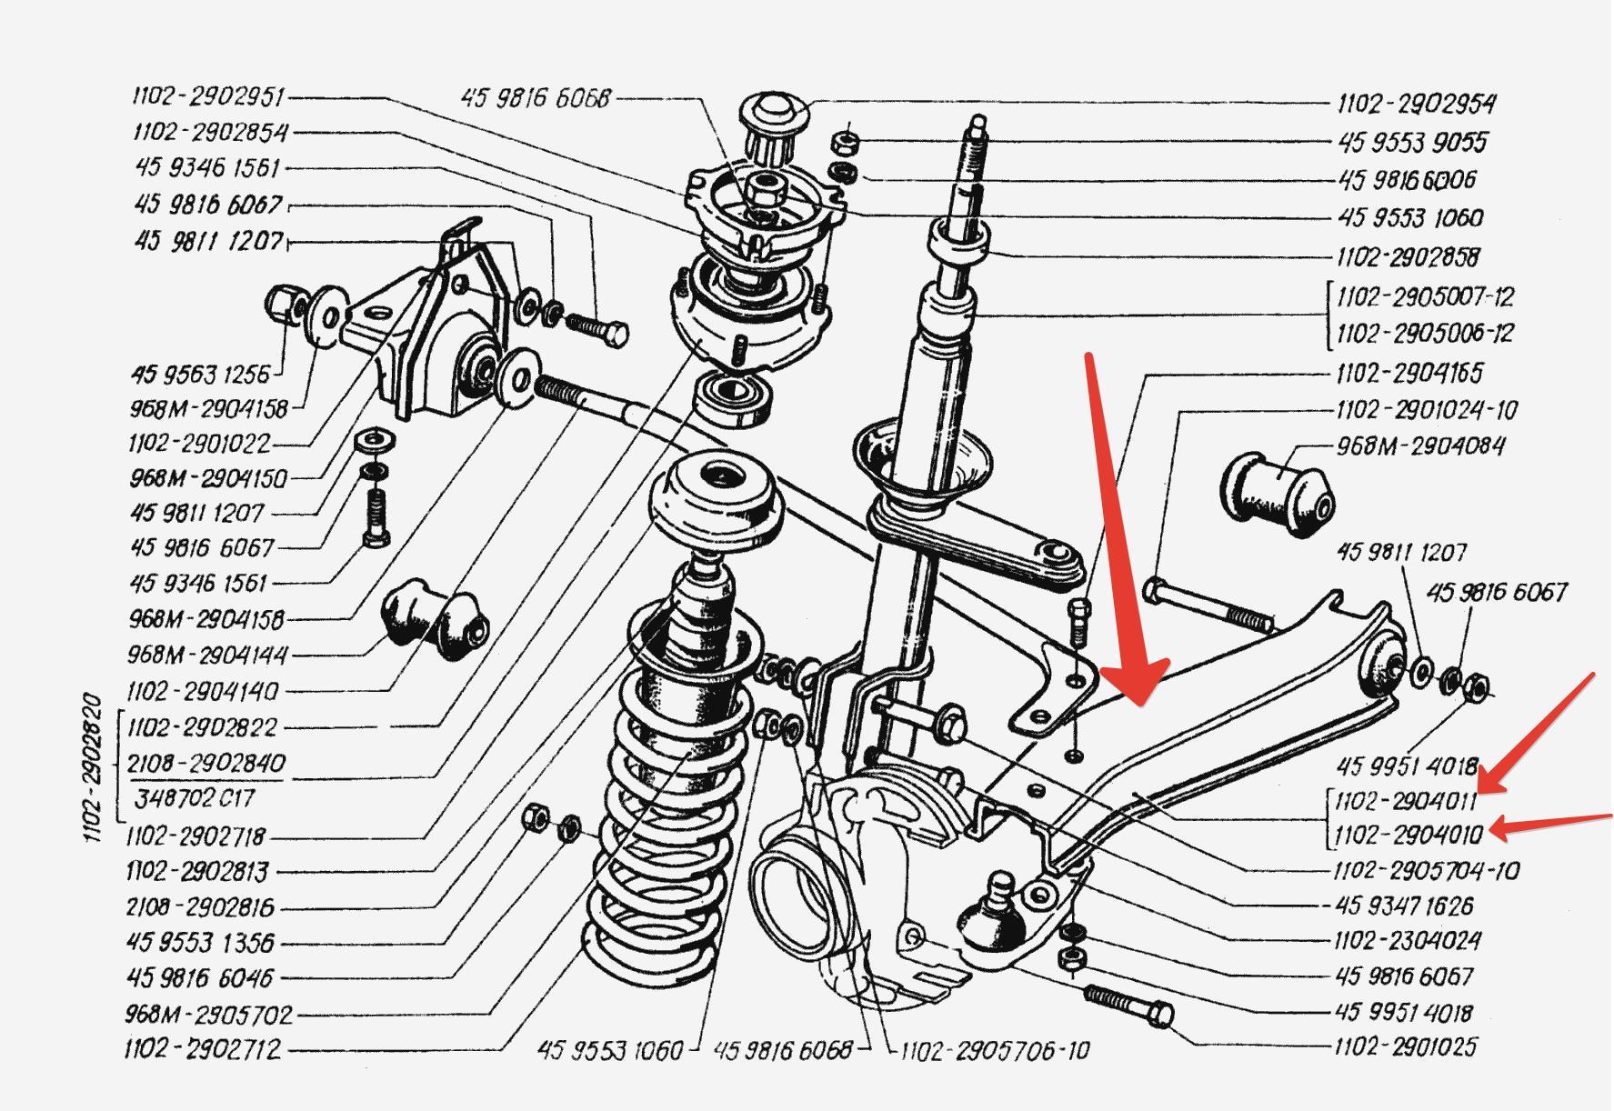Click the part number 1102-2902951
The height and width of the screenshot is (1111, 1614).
209,97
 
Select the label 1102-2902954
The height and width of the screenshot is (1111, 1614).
1416,104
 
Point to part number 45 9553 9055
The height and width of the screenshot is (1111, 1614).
1412,142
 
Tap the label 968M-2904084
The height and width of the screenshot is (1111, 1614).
1420,445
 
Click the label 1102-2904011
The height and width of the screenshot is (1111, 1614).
1406,801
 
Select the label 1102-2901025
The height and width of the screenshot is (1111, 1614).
1406,1046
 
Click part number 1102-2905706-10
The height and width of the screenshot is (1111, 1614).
995,1051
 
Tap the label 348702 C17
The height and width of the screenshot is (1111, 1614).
195,798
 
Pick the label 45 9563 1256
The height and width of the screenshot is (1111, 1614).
200,374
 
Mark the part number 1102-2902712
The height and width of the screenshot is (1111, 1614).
203,1049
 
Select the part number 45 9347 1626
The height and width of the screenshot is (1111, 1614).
1404,906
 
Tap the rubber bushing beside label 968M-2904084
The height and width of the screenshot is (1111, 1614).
1278,491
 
